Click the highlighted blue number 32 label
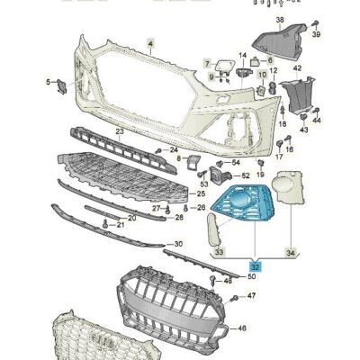click(256, 265)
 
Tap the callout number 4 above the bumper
click(151, 42)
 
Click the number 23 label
click(118, 130)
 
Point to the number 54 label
click(235, 162)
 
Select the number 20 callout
click(132, 218)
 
